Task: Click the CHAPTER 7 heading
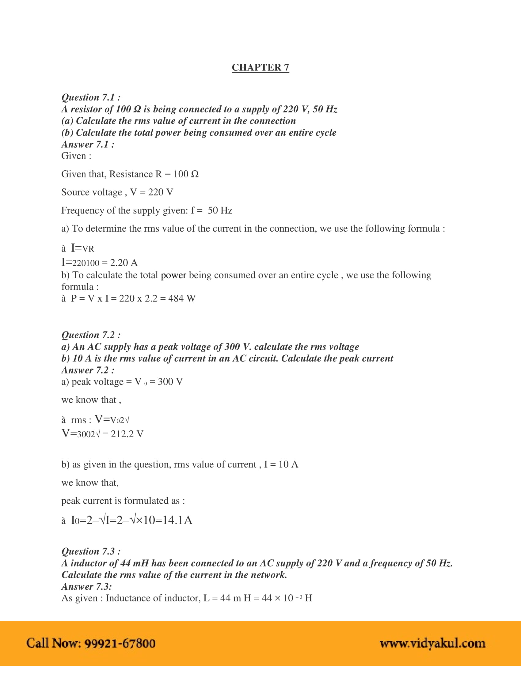point(260,68)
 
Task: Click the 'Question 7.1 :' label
point(91,97)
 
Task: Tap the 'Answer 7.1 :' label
point(88,144)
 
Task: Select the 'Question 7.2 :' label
point(91,335)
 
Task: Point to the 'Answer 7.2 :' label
point(88,370)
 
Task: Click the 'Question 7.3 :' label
point(91,551)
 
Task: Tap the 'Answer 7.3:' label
point(86,587)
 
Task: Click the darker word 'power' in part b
point(173,275)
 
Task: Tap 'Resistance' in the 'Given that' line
point(131,174)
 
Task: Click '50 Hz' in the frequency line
point(220,210)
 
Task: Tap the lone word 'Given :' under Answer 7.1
point(76,156)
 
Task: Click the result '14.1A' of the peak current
point(177,520)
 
